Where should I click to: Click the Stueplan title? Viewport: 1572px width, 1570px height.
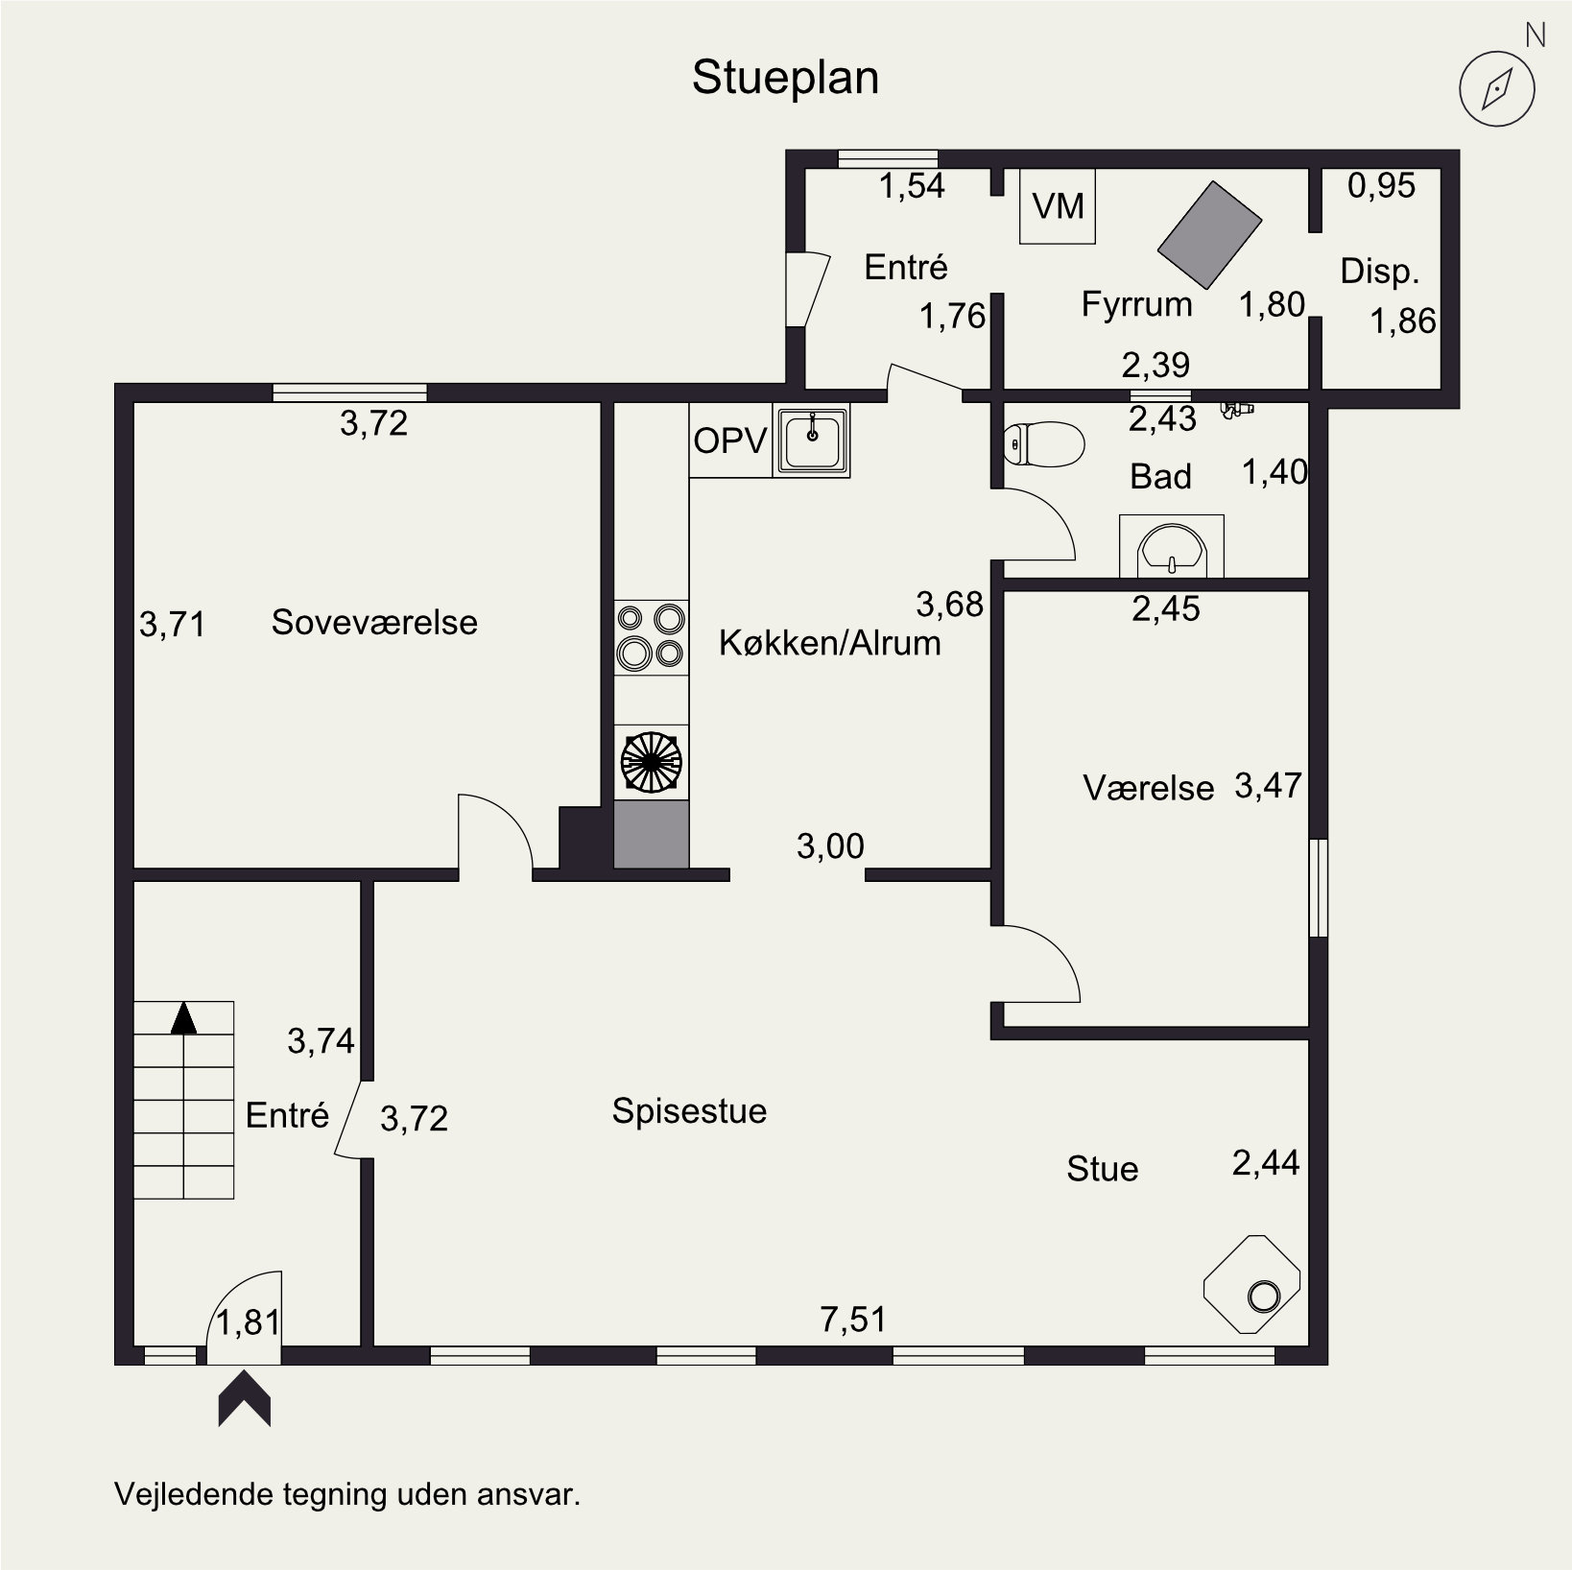[785, 79]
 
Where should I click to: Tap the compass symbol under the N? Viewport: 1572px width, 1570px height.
[1497, 89]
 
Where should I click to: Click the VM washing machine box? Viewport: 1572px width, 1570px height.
[1058, 206]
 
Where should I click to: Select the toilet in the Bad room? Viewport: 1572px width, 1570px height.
[1043, 443]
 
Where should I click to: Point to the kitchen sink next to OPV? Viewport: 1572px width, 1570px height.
[812, 440]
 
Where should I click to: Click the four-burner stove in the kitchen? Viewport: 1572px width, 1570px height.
[651, 638]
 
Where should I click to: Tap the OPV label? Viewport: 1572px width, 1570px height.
[730, 440]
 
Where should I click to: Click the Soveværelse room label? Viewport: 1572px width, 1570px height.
[374, 622]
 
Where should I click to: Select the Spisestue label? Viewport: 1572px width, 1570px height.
[689, 1111]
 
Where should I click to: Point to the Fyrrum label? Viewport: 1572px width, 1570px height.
[1136, 304]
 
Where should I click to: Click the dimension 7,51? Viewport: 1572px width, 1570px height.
[853, 1320]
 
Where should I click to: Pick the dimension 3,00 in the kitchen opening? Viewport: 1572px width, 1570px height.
[830, 846]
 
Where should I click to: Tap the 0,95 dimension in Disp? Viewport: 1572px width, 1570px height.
[1381, 185]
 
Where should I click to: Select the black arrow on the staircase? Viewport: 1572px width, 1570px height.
[183, 1018]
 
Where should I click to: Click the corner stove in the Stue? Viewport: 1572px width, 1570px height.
[1252, 1284]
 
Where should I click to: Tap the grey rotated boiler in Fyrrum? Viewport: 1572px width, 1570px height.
[1209, 234]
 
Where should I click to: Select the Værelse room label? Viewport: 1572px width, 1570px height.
[1149, 788]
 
